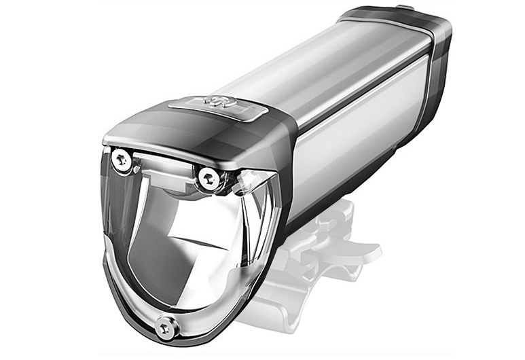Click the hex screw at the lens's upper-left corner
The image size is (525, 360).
(x=122, y=160)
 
